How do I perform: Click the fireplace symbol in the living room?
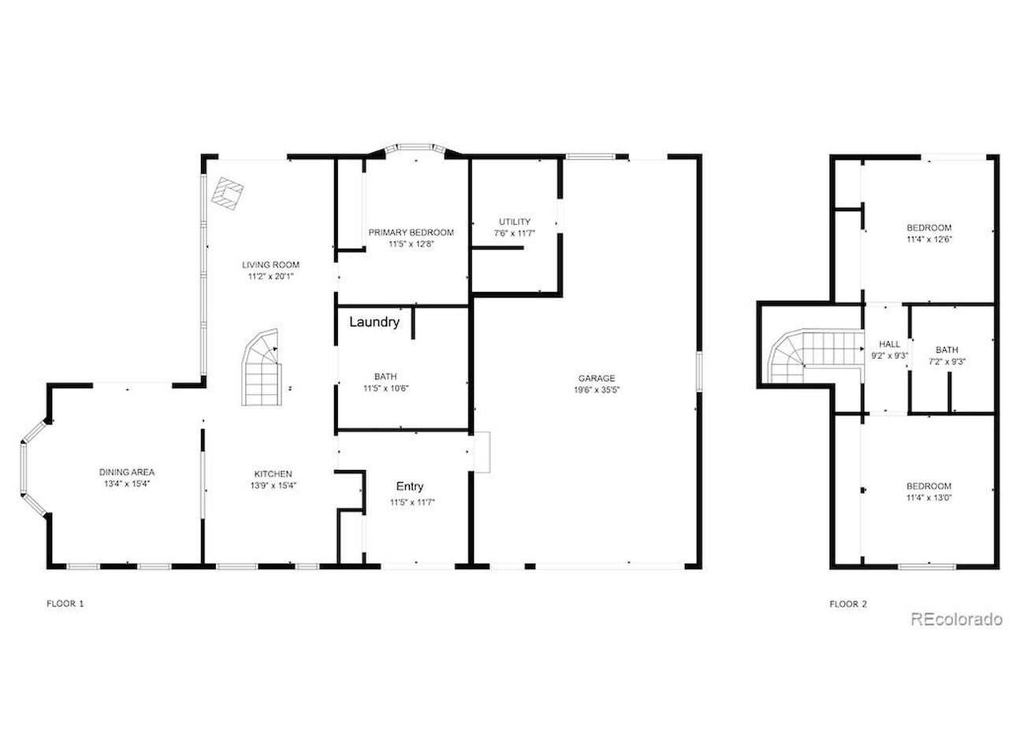click(x=228, y=193)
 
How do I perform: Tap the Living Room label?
click(x=270, y=265)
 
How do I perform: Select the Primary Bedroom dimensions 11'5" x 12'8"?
click(x=411, y=244)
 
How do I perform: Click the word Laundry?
click(x=374, y=322)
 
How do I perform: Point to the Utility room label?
click(x=515, y=222)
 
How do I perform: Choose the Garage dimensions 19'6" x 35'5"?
click(x=596, y=390)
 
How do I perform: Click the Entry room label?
click(x=410, y=487)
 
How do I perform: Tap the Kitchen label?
click(x=273, y=474)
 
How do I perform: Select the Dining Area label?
click(x=127, y=472)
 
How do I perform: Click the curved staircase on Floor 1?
click(x=262, y=367)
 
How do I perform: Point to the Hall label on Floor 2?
click(x=889, y=344)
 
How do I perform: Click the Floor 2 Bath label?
click(x=947, y=350)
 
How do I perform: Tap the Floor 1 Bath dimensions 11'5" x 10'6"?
click(x=385, y=388)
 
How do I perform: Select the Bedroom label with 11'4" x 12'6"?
click(x=929, y=228)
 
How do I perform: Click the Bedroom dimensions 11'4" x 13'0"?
click(x=929, y=498)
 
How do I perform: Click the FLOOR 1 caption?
click(x=65, y=603)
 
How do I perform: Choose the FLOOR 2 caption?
click(x=847, y=604)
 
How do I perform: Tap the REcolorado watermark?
click(x=956, y=619)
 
